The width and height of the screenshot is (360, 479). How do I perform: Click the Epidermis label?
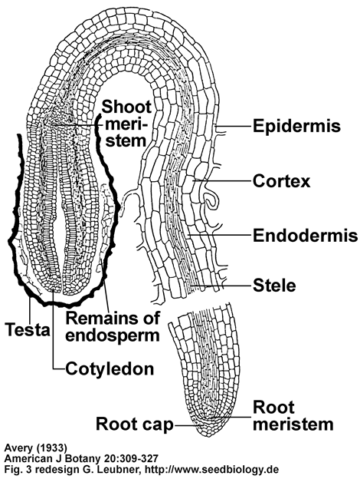pyautogui.click(x=296, y=126)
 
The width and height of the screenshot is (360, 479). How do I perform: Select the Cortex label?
pyautogui.click(x=281, y=181)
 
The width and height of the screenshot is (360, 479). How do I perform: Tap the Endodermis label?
pyautogui.click(x=306, y=235)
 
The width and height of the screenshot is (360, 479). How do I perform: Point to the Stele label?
pyautogui.click(x=274, y=286)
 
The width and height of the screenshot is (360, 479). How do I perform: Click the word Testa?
pyautogui.click(x=28, y=329)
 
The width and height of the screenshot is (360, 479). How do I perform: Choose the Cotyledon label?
pyautogui.click(x=110, y=368)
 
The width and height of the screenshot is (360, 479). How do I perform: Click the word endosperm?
pyautogui.click(x=113, y=335)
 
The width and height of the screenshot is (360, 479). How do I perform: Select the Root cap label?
pyautogui.click(x=135, y=424)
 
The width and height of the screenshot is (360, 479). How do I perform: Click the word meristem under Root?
pyautogui.click(x=293, y=424)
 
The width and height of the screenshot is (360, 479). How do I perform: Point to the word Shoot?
pyautogui.click(x=126, y=107)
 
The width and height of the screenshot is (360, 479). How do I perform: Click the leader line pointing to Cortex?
pyautogui.click(x=222, y=181)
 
